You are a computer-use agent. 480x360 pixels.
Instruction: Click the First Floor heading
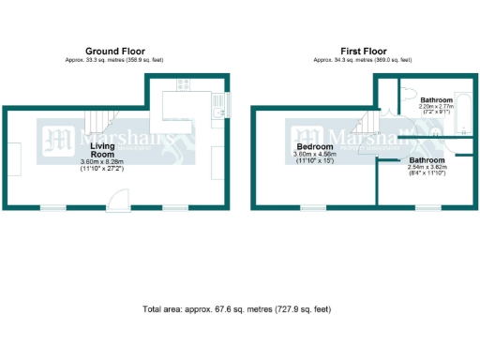click(364, 51)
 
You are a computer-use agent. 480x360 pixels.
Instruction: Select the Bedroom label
click(314, 147)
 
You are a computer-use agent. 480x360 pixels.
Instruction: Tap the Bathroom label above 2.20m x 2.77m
click(436, 100)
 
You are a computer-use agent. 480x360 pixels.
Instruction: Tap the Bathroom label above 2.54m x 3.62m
click(428, 160)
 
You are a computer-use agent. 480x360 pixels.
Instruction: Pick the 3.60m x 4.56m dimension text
click(315, 155)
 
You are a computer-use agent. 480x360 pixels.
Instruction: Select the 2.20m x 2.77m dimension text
click(436, 108)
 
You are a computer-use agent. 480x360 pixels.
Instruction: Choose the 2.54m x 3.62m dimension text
click(428, 168)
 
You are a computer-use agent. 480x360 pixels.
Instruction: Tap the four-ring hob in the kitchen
click(183, 83)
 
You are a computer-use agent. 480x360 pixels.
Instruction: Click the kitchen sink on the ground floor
click(217, 112)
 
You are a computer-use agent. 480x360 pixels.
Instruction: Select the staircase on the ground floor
click(100, 120)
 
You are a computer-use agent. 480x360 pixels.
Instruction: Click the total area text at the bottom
click(236, 308)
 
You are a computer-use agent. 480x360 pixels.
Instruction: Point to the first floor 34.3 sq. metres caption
click(364, 60)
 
